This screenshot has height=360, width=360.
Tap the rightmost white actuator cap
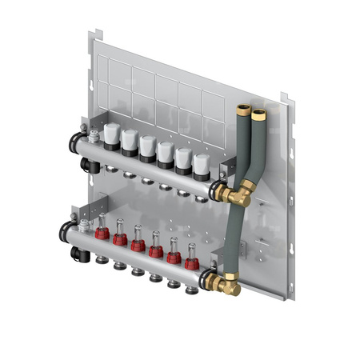pyautogui.click(x=202, y=163)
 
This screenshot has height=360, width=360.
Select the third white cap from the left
pyautogui.click(x=147, y=145)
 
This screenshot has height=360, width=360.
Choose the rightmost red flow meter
pyautogui.click(x=191, y=261)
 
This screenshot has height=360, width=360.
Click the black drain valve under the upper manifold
pyautogui.click(x=85, y=164)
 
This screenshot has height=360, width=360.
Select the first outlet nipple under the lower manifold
pyautogui.click(x=99, y=260)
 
